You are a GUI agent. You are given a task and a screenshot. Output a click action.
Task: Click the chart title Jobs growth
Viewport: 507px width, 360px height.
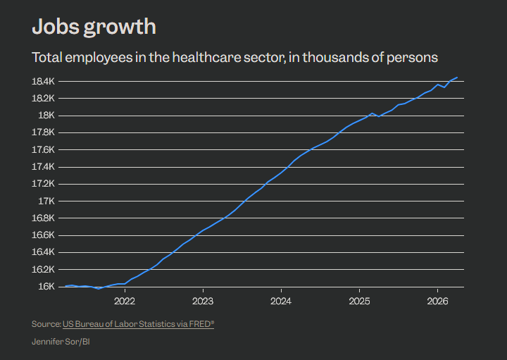94,27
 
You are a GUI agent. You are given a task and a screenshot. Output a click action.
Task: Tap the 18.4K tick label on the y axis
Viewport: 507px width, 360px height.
43,81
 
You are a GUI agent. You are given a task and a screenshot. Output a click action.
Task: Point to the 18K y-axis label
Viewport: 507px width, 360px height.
46,116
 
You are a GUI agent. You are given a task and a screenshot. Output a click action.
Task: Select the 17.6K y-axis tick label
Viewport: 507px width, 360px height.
43,150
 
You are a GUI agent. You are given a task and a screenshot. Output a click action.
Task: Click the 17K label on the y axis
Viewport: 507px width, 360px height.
46,201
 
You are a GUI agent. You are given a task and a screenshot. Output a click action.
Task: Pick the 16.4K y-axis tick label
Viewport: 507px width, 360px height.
43,252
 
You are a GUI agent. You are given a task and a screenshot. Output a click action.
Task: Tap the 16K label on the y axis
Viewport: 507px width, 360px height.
46,287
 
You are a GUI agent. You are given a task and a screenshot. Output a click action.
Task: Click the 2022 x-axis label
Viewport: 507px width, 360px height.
125,302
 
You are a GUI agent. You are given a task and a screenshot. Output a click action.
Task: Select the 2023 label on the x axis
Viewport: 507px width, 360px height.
203,302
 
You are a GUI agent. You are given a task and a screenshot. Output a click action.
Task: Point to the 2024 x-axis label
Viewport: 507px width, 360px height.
281,302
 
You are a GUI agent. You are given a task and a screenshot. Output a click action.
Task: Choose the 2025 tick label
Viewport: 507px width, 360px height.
359,302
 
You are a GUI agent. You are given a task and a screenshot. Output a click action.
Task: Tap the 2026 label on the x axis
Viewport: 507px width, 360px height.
437,302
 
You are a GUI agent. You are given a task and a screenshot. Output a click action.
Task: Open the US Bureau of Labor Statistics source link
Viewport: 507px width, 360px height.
138,324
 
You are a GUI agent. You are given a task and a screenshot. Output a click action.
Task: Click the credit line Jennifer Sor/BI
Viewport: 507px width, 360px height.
61,342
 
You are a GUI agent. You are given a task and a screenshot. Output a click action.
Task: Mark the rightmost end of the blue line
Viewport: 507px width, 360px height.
457,77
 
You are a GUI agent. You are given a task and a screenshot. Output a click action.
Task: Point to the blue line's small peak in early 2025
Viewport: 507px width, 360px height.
373,113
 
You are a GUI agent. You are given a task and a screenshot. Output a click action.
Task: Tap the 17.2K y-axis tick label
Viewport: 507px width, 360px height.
43,184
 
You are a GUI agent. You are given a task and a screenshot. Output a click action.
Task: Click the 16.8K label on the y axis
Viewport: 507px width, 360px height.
43,218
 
